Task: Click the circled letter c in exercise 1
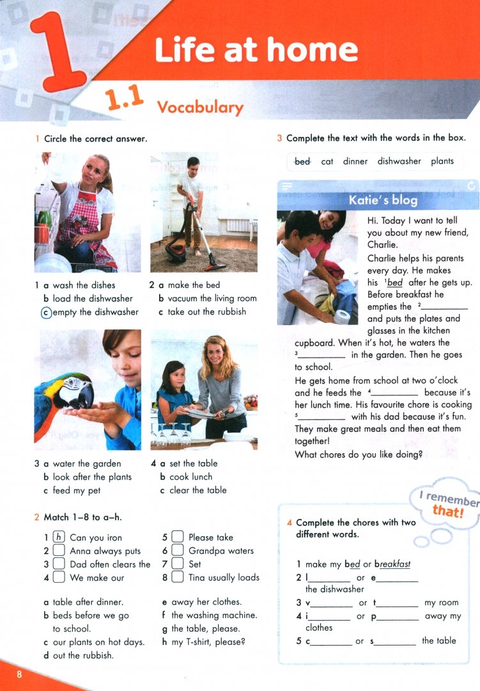tap(45, 312)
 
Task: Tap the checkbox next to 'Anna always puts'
tap(59, 551)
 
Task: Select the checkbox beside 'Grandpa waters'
tap(178, 551)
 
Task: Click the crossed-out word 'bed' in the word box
tap(302, 161)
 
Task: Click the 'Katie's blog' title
tap(383, 200)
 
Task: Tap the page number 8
tap(20, 675)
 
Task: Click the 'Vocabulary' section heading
tap(200, 107)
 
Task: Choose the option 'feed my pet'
tap(76, 491)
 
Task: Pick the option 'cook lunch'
tap(190, 477)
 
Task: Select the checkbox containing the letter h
tap(59, 537)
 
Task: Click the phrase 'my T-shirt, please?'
tap(208, 642)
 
